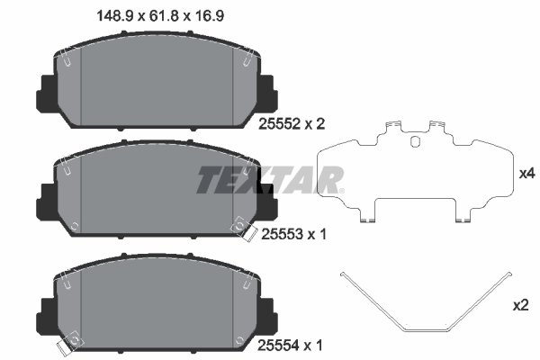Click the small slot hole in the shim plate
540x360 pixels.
click(414, 140)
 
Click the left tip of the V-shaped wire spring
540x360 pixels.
click(341, 275)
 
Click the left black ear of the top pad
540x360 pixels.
click(44, 90)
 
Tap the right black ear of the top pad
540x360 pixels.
click(267, 88)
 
